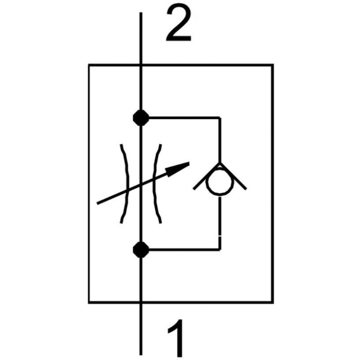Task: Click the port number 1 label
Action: (176, 337)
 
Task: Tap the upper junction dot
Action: (141, 117)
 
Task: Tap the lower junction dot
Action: (141, 248)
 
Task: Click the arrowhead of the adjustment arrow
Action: (180, 168)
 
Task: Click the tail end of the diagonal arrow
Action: (99, 203)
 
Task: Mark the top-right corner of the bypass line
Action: (220, 117)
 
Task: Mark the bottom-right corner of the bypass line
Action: (220, 248)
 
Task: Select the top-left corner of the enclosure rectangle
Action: (89, 65)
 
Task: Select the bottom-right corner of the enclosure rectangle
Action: (273, 302)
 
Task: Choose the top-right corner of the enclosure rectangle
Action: (273, 65)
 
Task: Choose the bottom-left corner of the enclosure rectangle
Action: (89, 302)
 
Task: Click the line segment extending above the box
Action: (141, 38)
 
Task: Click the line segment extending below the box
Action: (141, 328)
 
